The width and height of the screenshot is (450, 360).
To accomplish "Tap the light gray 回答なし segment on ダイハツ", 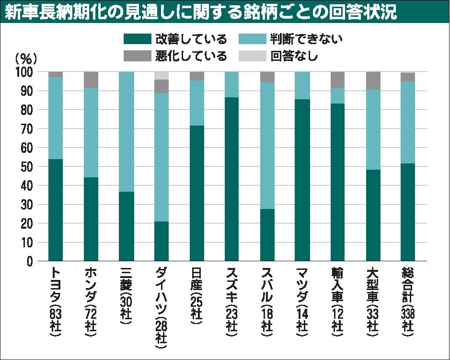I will (162, 75).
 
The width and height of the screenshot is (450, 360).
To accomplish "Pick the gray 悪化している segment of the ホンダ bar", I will (91, 80).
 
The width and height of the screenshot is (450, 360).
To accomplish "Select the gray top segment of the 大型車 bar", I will (373, 81).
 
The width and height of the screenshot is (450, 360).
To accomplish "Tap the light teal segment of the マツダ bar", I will (302, 85).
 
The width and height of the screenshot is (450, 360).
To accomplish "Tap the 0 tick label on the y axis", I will (35, 262).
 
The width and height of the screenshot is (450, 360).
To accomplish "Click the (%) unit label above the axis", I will (26, 59).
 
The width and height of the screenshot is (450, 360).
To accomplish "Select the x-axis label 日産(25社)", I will (196, 297).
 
